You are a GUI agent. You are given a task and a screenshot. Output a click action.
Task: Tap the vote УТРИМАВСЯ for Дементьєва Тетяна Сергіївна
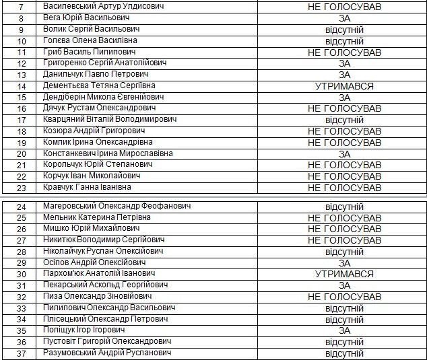[x=344, y=86]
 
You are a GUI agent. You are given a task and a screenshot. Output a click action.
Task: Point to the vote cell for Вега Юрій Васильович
[x=344, y=18]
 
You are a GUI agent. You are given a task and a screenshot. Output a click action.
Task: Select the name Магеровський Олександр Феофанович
[x=117, y=206]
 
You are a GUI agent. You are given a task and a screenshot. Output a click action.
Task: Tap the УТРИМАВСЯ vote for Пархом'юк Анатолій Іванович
[x=344, y=274]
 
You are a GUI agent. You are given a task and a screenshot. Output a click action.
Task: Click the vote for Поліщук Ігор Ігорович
[x=344, y=330]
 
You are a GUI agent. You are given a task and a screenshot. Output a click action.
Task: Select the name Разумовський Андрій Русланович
[x=106, y=353]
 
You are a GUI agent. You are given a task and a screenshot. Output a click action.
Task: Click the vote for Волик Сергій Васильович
[x=344, y=30]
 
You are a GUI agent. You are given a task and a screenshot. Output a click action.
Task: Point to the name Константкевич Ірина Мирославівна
[x=108, y=153]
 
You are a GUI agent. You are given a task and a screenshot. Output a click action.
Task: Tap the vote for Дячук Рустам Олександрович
[x=344, y=108]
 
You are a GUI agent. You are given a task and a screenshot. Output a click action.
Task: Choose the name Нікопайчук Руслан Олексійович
[x=103, y=251]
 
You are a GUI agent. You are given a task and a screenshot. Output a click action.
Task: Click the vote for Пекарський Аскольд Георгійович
[x=344, y=285]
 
